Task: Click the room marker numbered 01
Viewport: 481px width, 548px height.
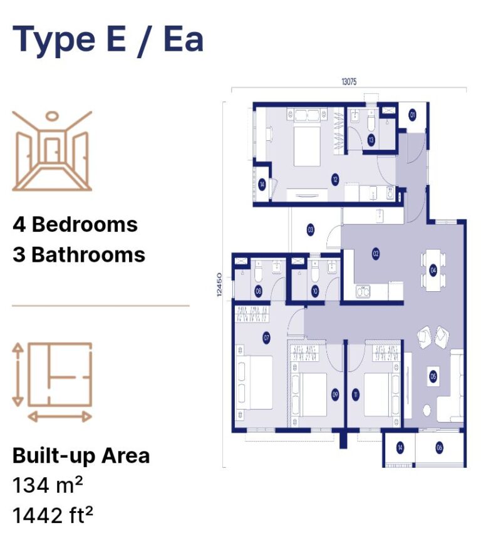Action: [x=413, y=115]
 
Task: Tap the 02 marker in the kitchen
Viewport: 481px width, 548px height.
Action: [x=376, y=254]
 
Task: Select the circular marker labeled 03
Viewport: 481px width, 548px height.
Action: [x=311, y=230]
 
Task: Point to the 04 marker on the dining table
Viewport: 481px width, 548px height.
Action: [x=433, y=270]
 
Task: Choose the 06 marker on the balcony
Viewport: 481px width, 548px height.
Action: [x=439, y=447]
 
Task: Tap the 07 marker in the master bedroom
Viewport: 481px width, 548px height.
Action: [x=266, y=338]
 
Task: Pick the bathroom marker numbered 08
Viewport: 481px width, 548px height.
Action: [x=258, y=291]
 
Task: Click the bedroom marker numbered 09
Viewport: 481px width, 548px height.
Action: [x=335, y=395]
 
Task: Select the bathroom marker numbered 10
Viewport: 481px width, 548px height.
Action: [x=314, y=291]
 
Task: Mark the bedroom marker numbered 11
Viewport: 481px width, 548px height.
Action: [x=356, y=395]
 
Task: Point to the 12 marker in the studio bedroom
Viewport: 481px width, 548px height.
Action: [x=336, y=180]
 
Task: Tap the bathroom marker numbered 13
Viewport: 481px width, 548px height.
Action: [x=371, y=140]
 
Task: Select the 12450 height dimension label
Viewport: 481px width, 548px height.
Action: [x=219, y=285]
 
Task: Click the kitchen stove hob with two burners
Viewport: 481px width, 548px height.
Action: [x=364, y=291]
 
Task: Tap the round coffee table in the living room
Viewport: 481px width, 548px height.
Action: [x=428, y=410]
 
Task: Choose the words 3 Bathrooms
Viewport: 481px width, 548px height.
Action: [x=79, y=255]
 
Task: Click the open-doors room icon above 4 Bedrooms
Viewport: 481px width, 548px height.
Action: [x=52, y=151]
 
